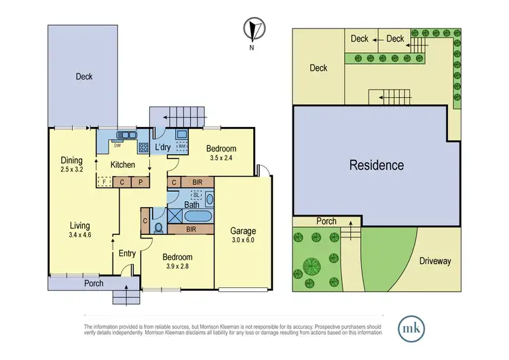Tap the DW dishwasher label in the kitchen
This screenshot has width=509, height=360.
pyautogui.click(x=117, y=145)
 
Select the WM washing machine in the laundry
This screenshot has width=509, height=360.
pyautogui.click(x=181, y=146)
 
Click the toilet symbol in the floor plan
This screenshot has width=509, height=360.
pyautogui.click(x=157, y=226)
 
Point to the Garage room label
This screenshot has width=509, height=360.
pyautogui.click(x=242, y=230)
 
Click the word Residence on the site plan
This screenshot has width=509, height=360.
pyautogui.click(x=377, y=165)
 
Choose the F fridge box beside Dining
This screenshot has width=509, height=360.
pyautogui.click(x=104, y=181)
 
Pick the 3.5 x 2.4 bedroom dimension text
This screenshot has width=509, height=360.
pyautogui.click(x=221, y=160)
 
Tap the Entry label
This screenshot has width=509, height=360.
pyautogui.click(x=127, y=253)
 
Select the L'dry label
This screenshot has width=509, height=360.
pyautogui.click(x=162, y=147)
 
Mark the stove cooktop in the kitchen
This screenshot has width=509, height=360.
pyautogui.click(x=143, y=145)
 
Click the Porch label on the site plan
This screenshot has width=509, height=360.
pyautogui.click(x=326, y=221)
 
